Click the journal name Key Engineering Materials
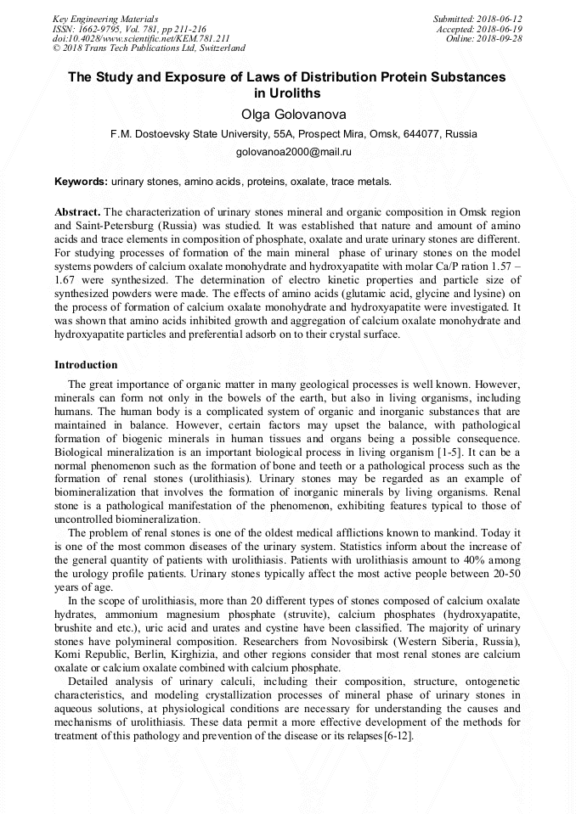pyautogui.click(x=104, y=19)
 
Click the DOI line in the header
pyautogui.click(x=141, y=39)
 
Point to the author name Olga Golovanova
pyautogui.click(x=287, y=115)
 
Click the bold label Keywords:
pyautogui.click(x=81, y=182)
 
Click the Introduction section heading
pyautogui.click(x=86, y=365)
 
